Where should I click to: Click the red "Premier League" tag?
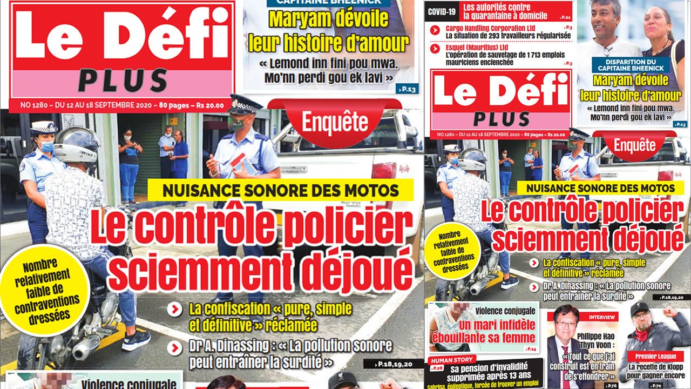click(x=655, y=356)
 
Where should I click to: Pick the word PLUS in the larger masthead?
click(x=123, y=81)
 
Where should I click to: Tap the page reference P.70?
click(x=656, y=386)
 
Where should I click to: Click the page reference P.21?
click(x=566, y=18)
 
